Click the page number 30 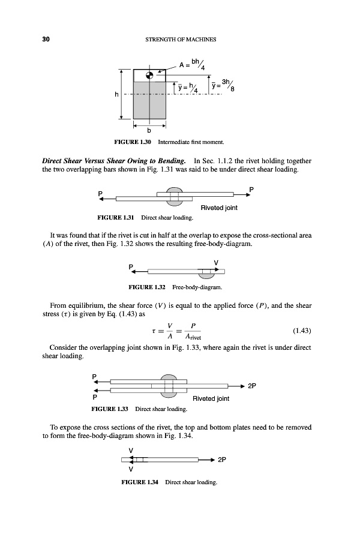point(45,40)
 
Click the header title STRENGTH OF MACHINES point(181,40)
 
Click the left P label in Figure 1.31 point(101,193)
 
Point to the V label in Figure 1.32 point(215,262)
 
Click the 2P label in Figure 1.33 point(253,386)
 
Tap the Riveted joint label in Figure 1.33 point(211,398)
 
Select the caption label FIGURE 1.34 point(141,482)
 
